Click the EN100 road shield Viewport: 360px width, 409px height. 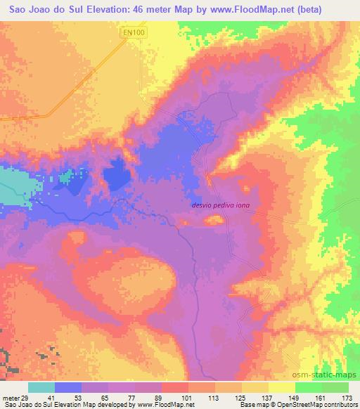click(x=131, y=33)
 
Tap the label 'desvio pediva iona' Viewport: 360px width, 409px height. click(x=220, y=206)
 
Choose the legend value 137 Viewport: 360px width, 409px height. click(x=268, y=397)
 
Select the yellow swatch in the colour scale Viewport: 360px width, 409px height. click(x=281, y=387)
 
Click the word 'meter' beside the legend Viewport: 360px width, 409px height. click(x=10, y=397)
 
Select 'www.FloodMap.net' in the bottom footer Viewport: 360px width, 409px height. click(x=161, y=405)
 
